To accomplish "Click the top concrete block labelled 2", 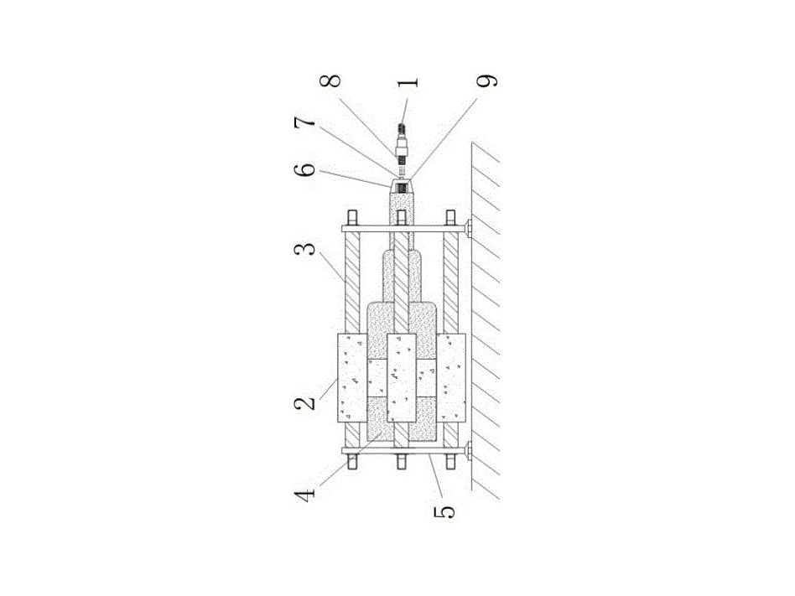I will (352, 377).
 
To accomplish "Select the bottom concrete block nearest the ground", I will (451, 377).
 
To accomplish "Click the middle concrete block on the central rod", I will (402, 377).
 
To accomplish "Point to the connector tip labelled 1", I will (402, 132).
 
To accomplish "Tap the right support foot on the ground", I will (467, 227).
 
